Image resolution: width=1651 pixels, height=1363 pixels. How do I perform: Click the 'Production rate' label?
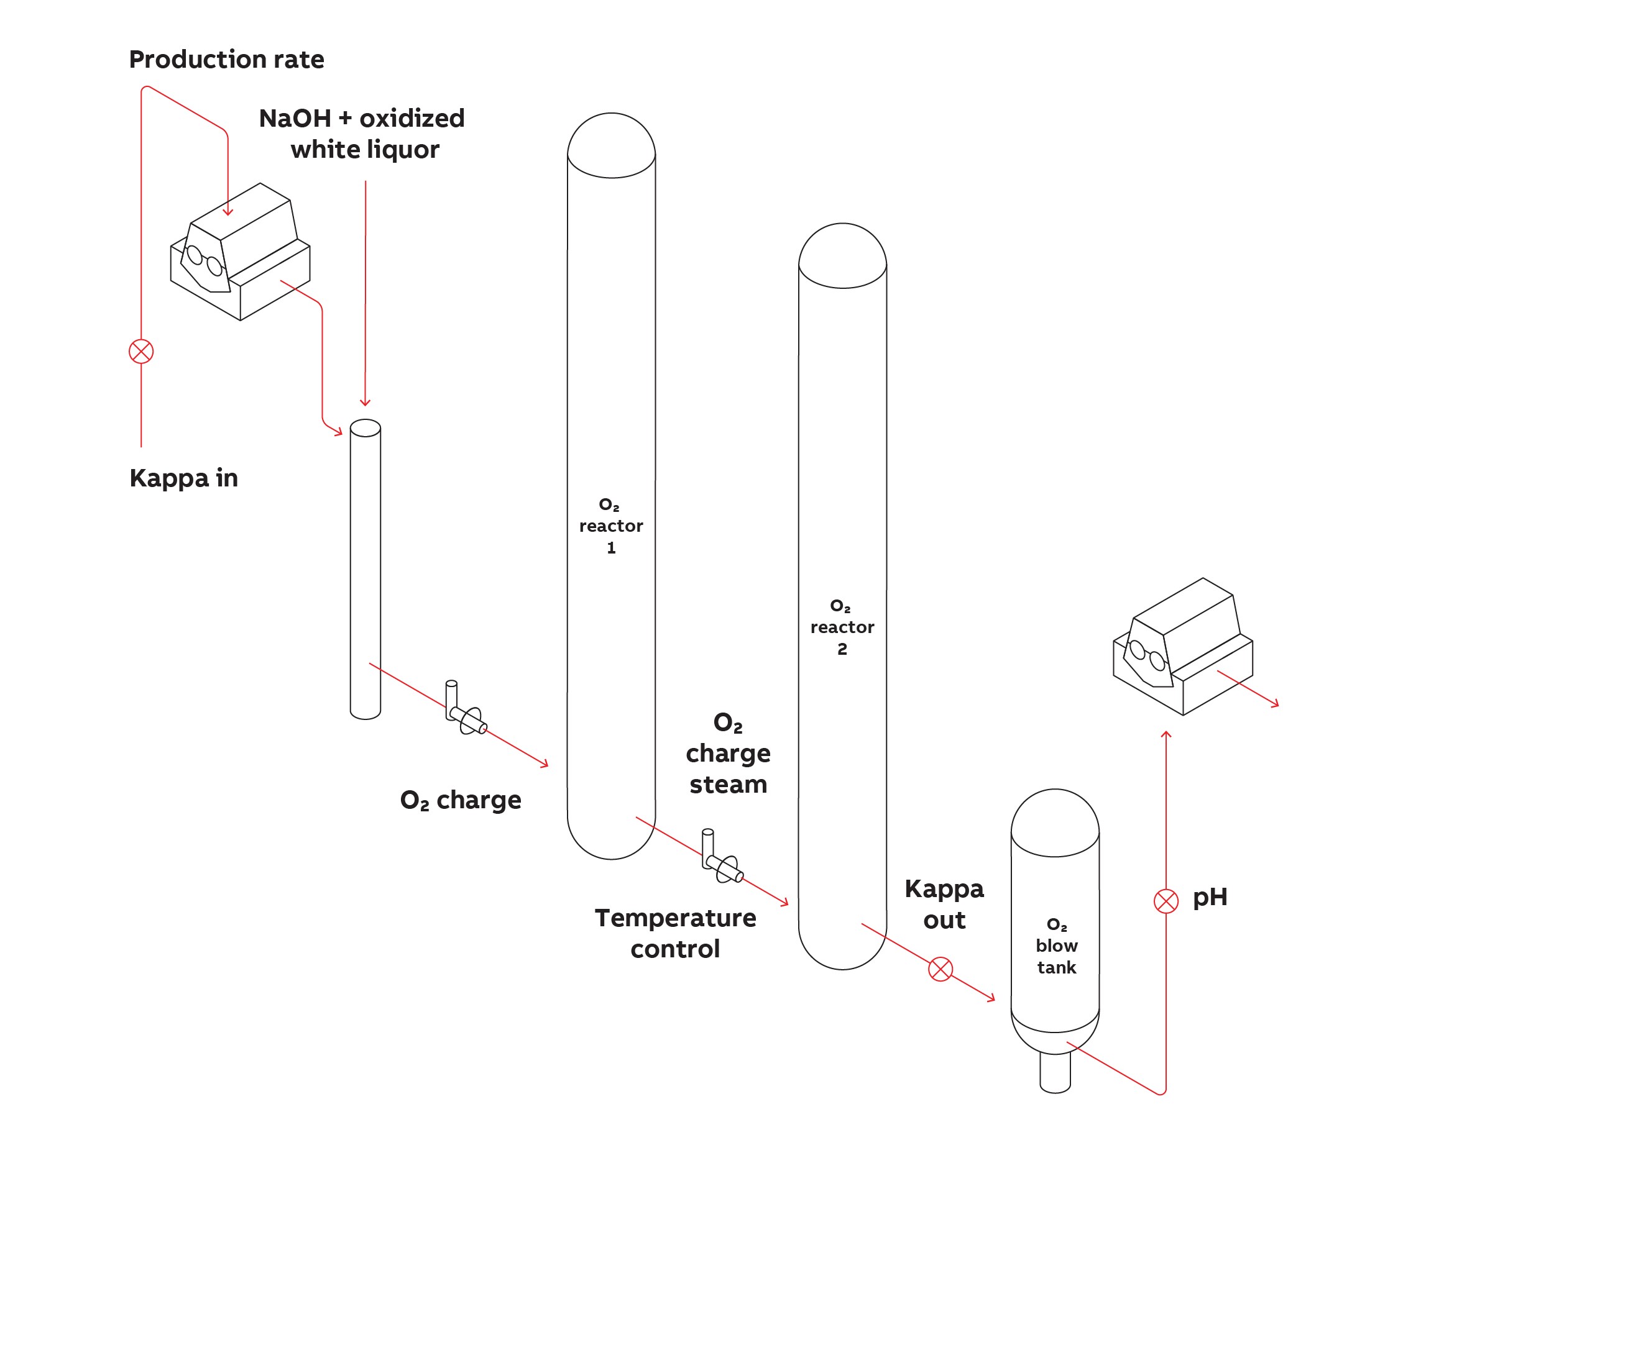coord(226,60)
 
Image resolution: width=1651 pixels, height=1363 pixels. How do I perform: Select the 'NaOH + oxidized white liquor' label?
coord(362,134)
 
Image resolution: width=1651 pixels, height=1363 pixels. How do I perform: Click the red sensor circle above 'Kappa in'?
coord(141,351)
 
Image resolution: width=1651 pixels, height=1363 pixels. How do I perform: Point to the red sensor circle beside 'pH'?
coord(1166,901)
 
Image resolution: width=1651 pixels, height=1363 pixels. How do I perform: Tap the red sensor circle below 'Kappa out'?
coord(940,969)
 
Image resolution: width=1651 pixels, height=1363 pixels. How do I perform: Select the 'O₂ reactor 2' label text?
coord(842,627)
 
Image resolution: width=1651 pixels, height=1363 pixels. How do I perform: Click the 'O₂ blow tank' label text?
coord(1055,946)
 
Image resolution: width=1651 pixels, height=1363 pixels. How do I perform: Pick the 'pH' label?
coord(1210,898)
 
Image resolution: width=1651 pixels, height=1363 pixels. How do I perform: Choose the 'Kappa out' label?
coord(944,904)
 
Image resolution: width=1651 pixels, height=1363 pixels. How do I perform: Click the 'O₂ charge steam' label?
coord(728,753)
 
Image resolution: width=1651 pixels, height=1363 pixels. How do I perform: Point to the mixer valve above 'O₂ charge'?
coord(467,717)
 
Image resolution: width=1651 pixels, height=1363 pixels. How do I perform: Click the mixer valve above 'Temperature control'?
coord(724,865)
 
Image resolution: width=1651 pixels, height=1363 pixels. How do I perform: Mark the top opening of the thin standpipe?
coord(366,428)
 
